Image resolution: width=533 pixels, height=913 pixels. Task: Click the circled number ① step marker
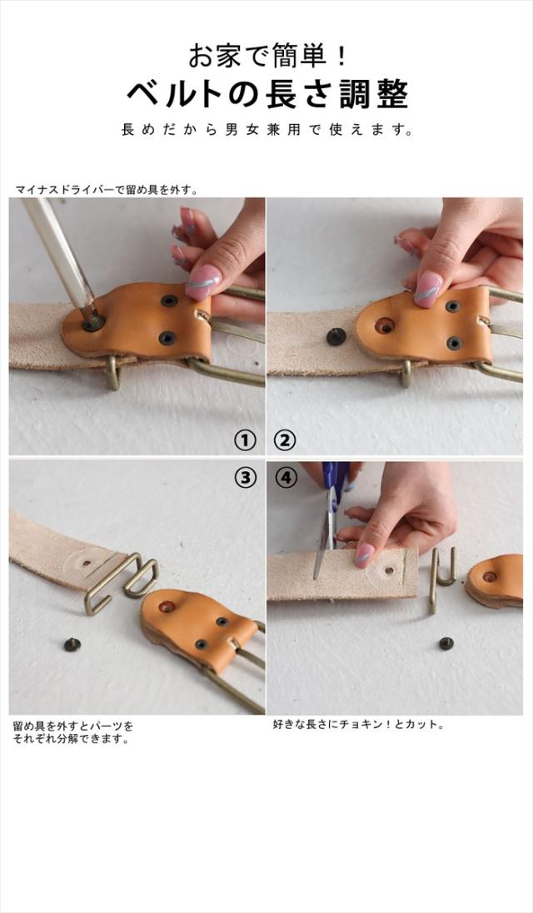click(245, 440)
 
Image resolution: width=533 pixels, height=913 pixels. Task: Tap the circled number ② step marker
click(285, 440)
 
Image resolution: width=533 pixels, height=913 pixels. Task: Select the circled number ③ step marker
click(245, 478)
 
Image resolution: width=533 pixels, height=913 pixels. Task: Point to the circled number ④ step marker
click(285, 478)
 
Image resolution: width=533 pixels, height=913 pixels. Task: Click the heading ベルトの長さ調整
click(268, 94)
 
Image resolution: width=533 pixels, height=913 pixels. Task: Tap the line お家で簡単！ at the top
click(268, 56)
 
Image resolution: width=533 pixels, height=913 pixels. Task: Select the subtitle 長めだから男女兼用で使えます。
click(268, 129)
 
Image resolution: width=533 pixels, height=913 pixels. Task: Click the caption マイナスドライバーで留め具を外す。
click(107, 190)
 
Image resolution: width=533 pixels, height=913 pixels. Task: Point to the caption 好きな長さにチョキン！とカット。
click(359, 725)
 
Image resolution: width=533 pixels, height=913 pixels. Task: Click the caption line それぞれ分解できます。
click(71, 739)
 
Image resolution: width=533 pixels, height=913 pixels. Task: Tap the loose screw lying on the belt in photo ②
click(334, 336)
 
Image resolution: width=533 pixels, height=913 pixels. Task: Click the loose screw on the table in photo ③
click(72, 644)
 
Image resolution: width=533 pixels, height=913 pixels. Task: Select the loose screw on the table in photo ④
click(446, 643)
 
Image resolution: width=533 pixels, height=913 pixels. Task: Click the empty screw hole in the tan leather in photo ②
click(384, 325)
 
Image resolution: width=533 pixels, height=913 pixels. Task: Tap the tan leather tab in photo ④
click(495, 580)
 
